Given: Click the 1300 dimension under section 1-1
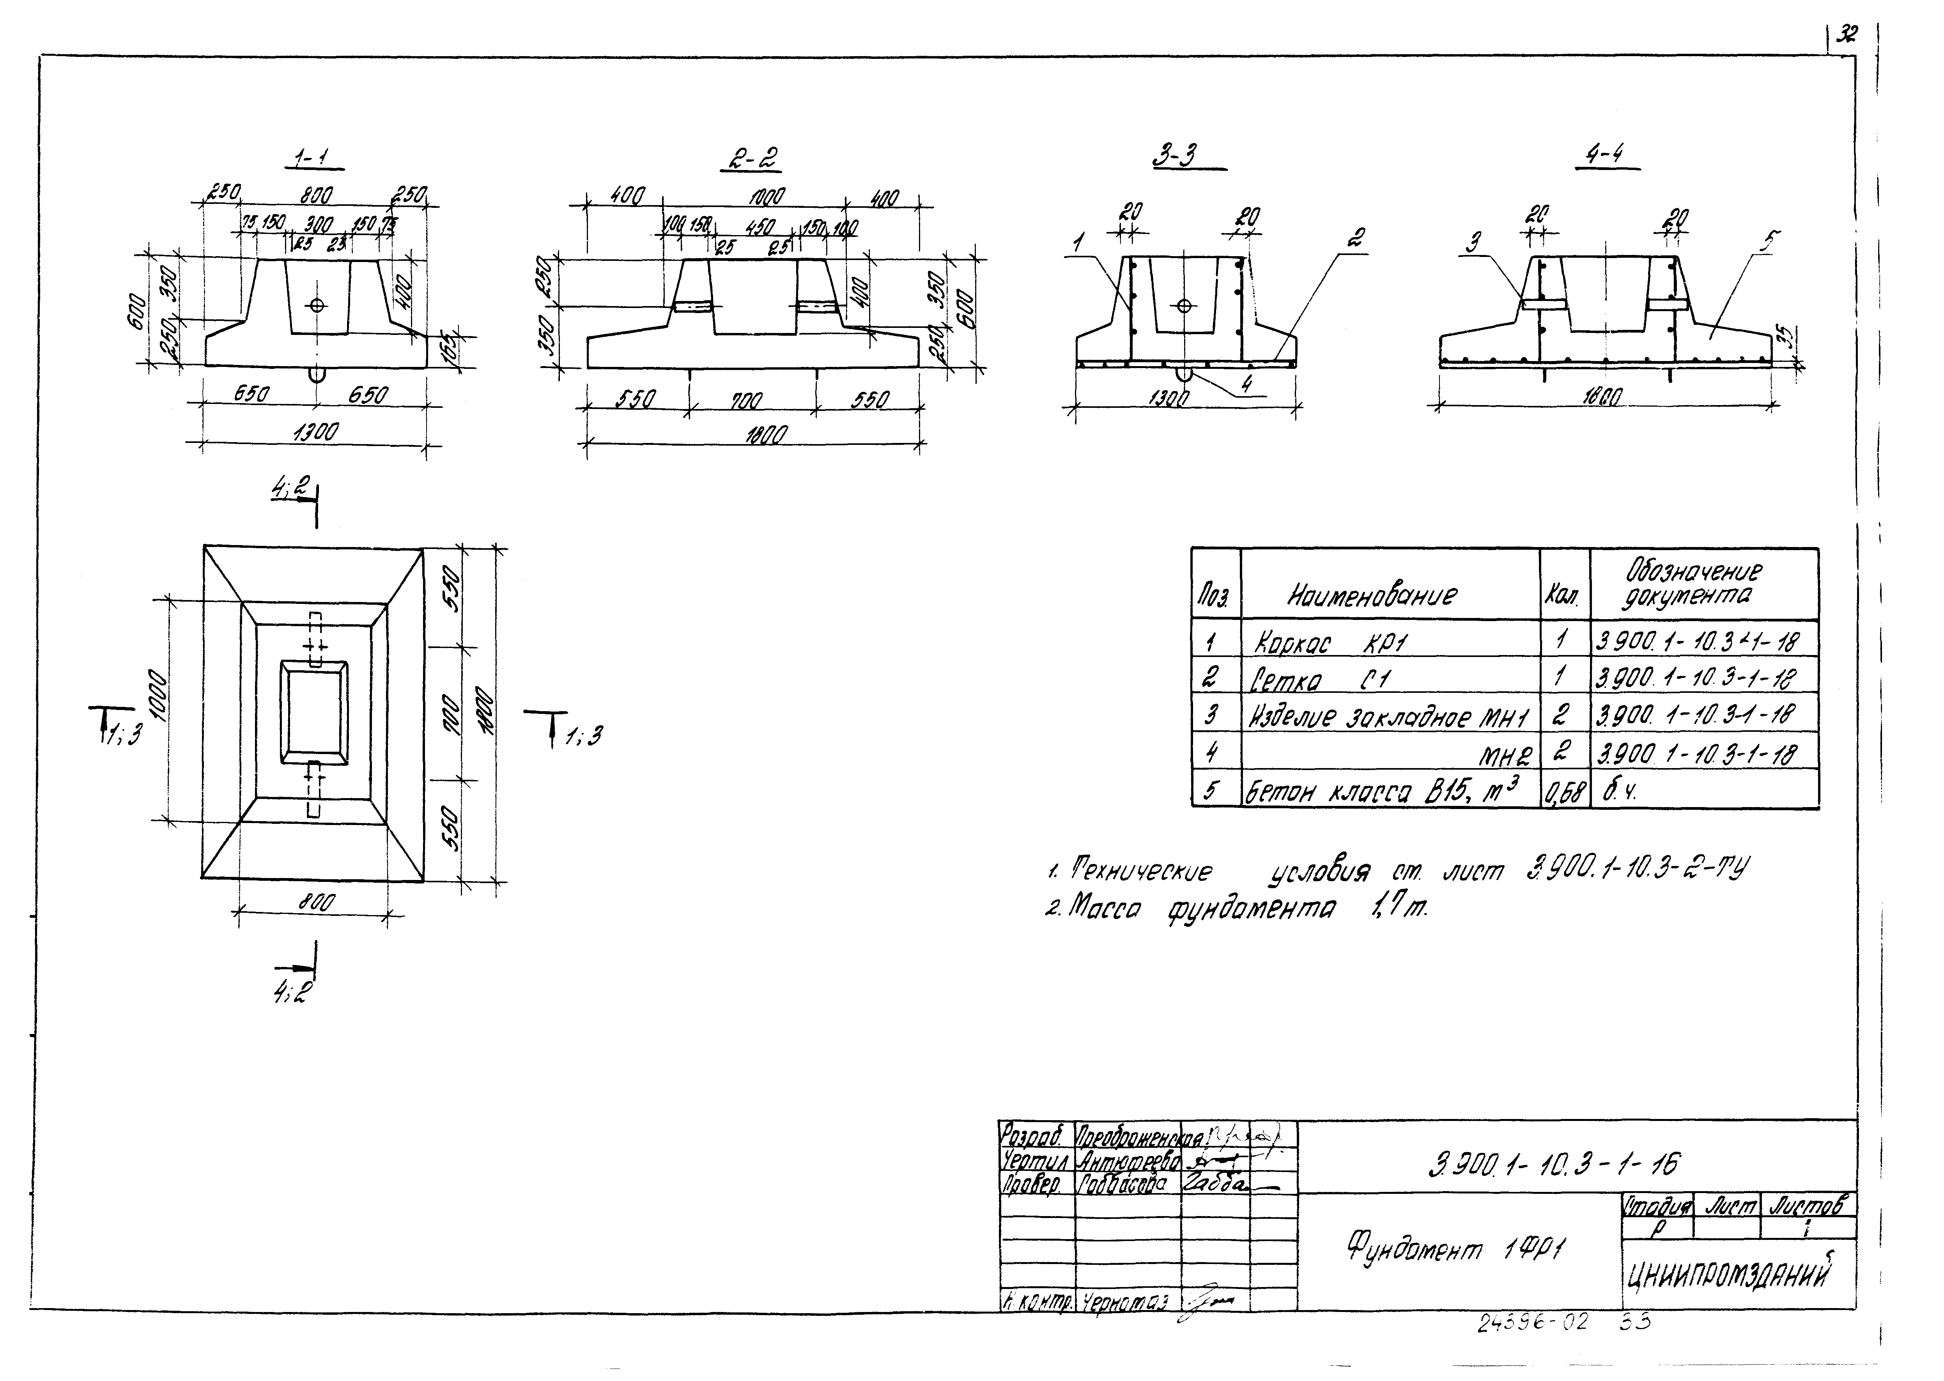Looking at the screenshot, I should point(315,432).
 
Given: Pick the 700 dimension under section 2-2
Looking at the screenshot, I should point(748,400).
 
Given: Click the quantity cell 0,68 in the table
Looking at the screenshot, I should point(1565,793).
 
